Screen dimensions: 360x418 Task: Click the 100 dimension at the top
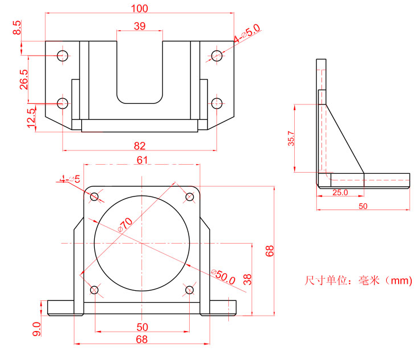(139, 9)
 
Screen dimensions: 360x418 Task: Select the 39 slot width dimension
(139, 26)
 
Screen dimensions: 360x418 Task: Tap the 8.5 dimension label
(17, 28)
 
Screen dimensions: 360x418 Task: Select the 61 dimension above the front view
(142, 160)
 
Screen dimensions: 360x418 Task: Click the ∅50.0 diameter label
(223, 277)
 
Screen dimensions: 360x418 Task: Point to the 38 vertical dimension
(247, 278)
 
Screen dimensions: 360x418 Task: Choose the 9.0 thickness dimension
(37, 329)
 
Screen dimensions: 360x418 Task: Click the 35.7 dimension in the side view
(291, 139)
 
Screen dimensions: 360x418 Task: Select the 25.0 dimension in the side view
(340, 192)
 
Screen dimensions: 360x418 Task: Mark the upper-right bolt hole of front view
(190, 196)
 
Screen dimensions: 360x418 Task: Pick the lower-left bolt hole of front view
(94, 291)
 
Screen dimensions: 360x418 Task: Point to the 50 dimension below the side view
(362, 206)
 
